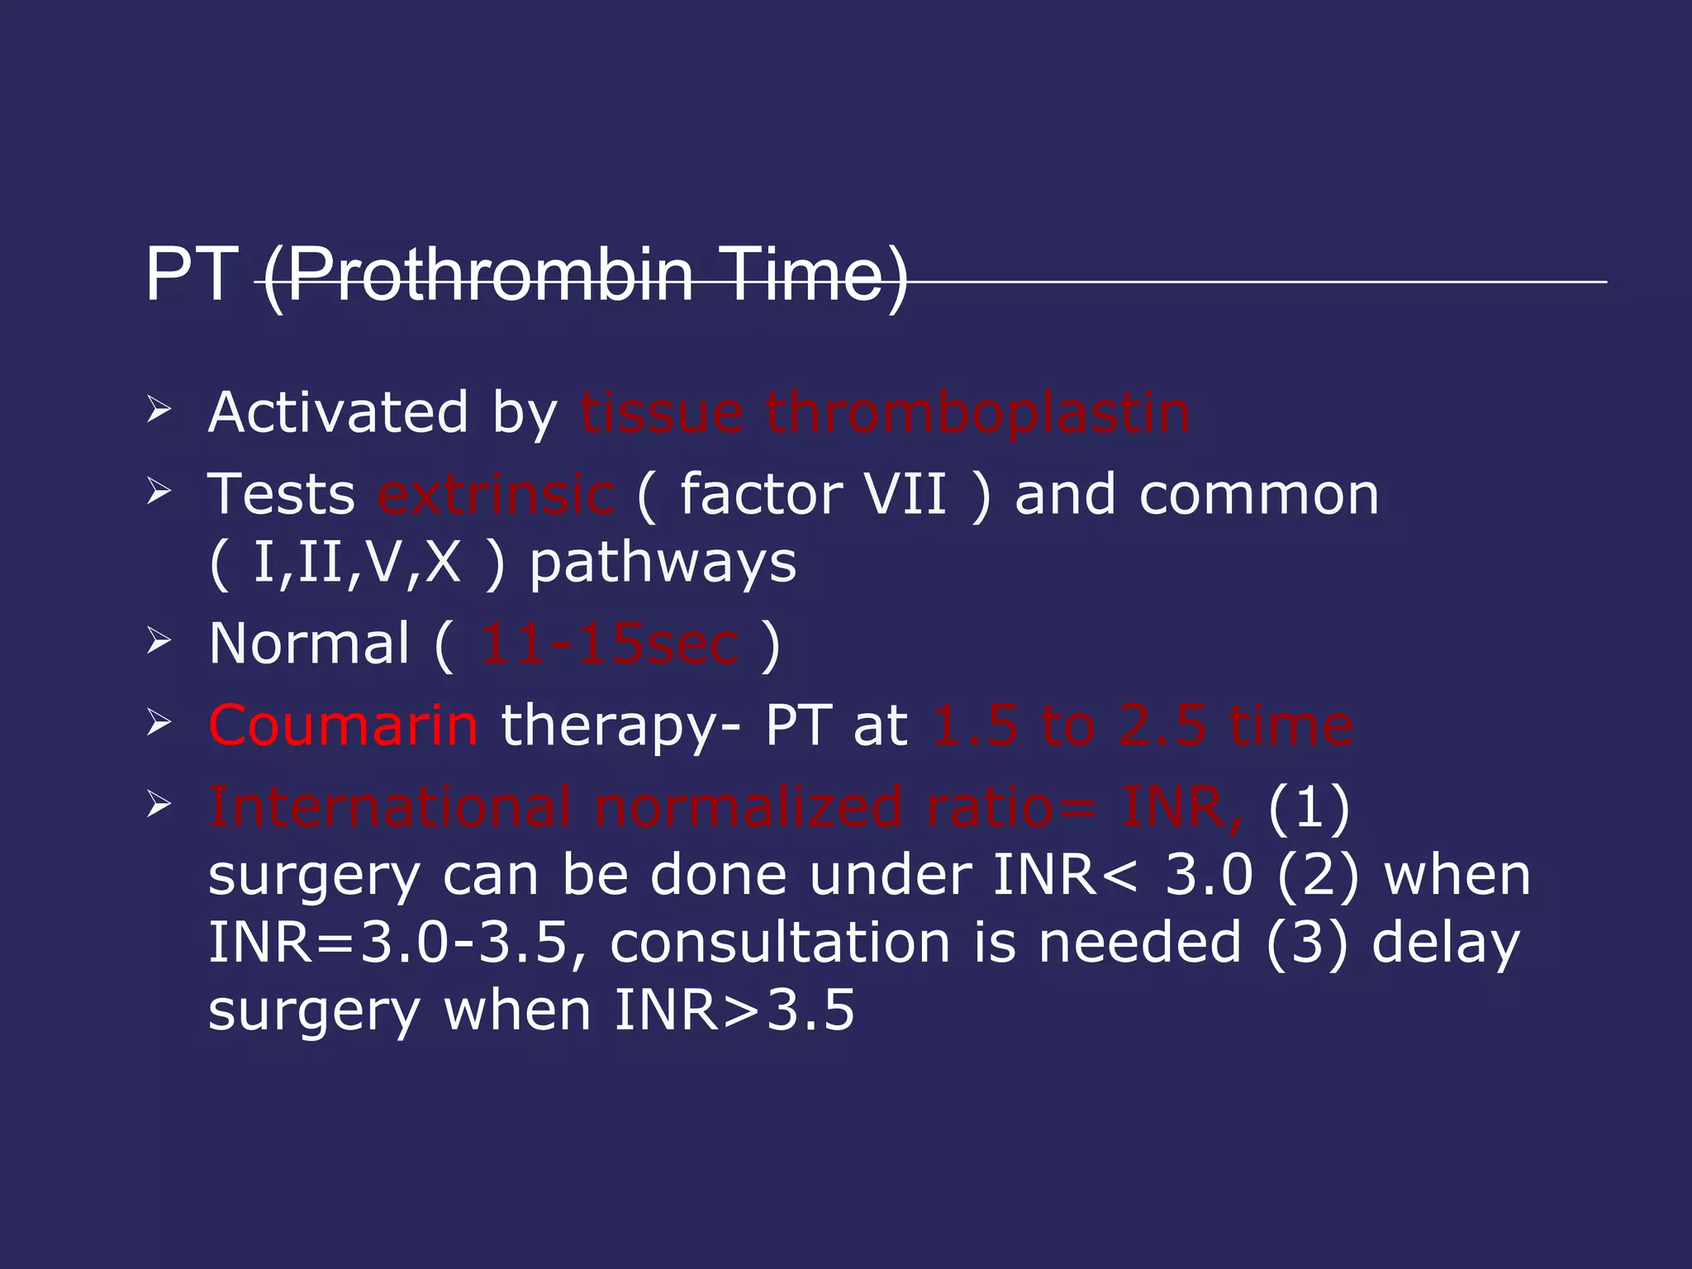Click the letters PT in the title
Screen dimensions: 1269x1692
[191, 274]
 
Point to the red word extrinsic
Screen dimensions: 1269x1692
[496, 495]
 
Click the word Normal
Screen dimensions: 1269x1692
[309, 644]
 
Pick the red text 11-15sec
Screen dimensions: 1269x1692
[610, 644]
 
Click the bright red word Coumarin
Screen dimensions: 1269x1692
[343, 726]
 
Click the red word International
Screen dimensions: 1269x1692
[389, 807]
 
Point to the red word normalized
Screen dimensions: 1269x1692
[748, 807]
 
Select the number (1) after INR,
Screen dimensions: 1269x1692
[1309, 807]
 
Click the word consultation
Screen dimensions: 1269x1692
[779, 943]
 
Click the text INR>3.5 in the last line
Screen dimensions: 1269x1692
[734, 1010]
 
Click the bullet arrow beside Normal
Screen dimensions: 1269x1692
[159, 641]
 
